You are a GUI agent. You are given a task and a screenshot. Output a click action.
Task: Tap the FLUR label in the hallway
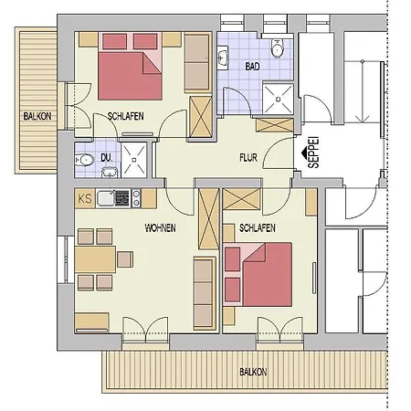[x=249, y=157]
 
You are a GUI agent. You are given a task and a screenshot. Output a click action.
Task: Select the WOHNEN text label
[x=160, y=227]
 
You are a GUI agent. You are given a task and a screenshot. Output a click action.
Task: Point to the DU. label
[x=107, y=158]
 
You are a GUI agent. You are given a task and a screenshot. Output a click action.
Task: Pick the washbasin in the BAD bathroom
[x=225, y=58]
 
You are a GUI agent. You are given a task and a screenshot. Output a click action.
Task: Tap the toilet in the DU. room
[x=86, y=159]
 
